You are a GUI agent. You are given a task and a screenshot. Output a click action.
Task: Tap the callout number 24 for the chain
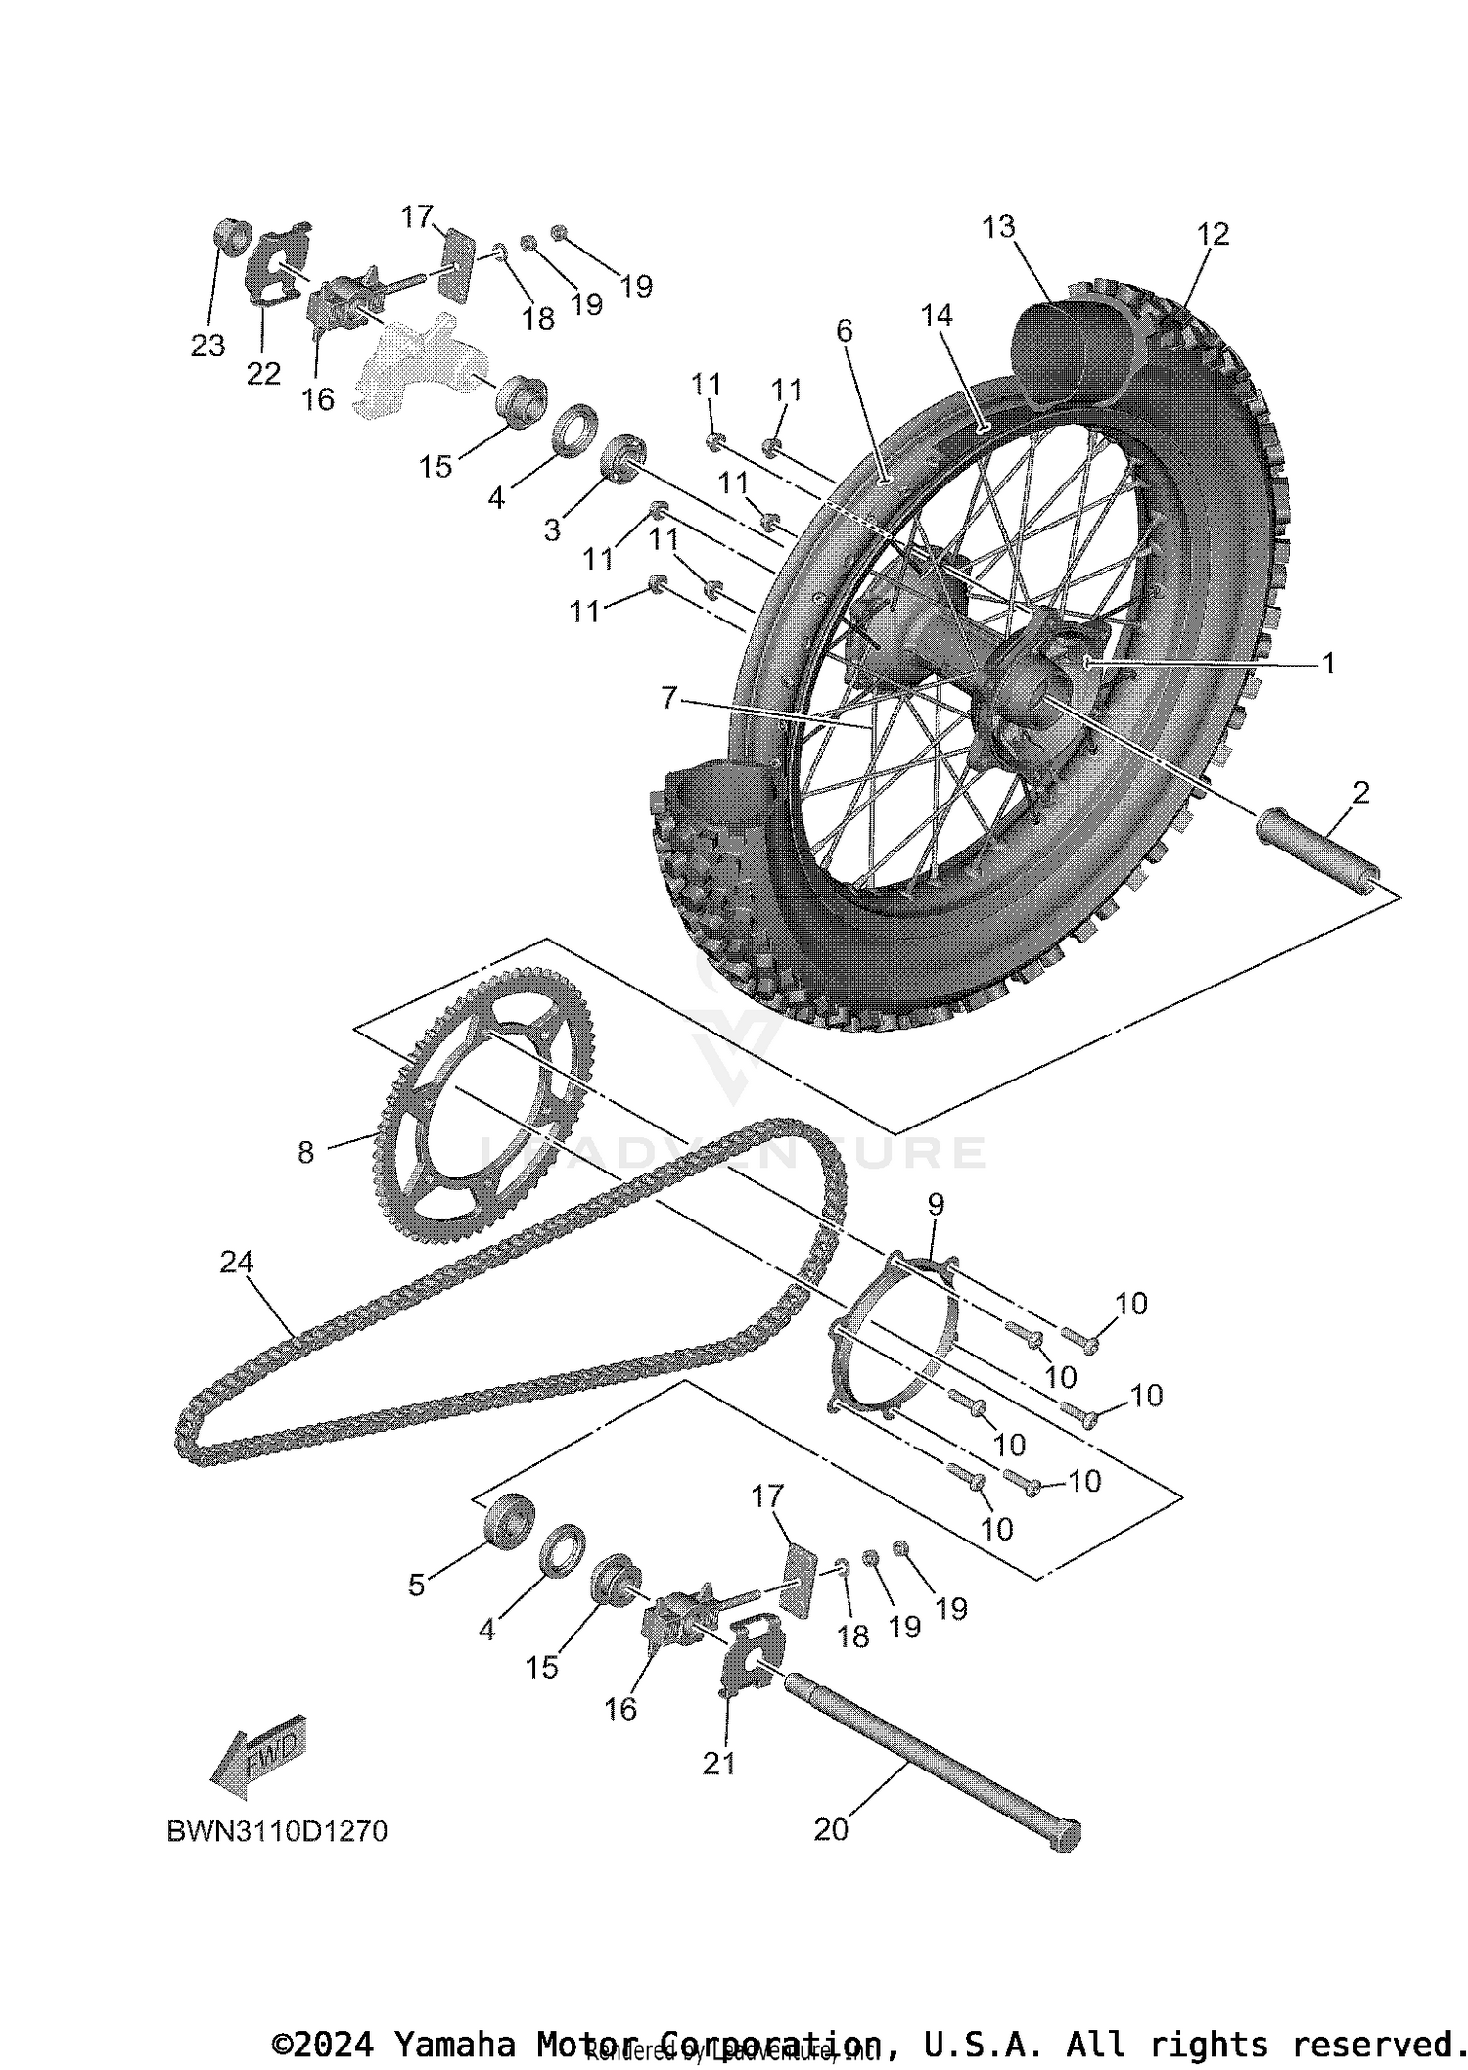236,1263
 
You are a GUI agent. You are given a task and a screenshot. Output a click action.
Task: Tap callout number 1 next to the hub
1328,664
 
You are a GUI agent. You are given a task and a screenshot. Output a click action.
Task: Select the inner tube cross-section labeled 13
1062,352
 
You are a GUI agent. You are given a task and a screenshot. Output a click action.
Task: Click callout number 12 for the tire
1213,234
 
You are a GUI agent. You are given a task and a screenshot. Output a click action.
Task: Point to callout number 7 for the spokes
668,698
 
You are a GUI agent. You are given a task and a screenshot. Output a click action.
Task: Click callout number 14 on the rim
937,315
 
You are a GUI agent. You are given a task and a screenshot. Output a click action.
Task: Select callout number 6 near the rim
844,331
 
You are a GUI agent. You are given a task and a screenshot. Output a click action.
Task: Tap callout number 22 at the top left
263,373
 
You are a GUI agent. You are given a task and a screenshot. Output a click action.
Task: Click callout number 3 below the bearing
552,529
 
